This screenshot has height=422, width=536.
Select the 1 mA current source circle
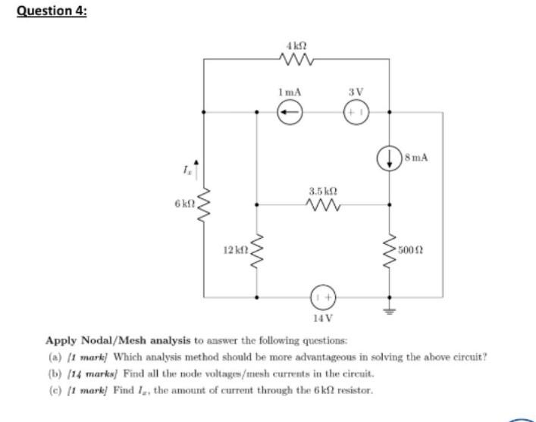pyautogui.click(x=290, y=113)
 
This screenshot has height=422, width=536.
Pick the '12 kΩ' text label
pyautogui.click(x=232, y=249)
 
